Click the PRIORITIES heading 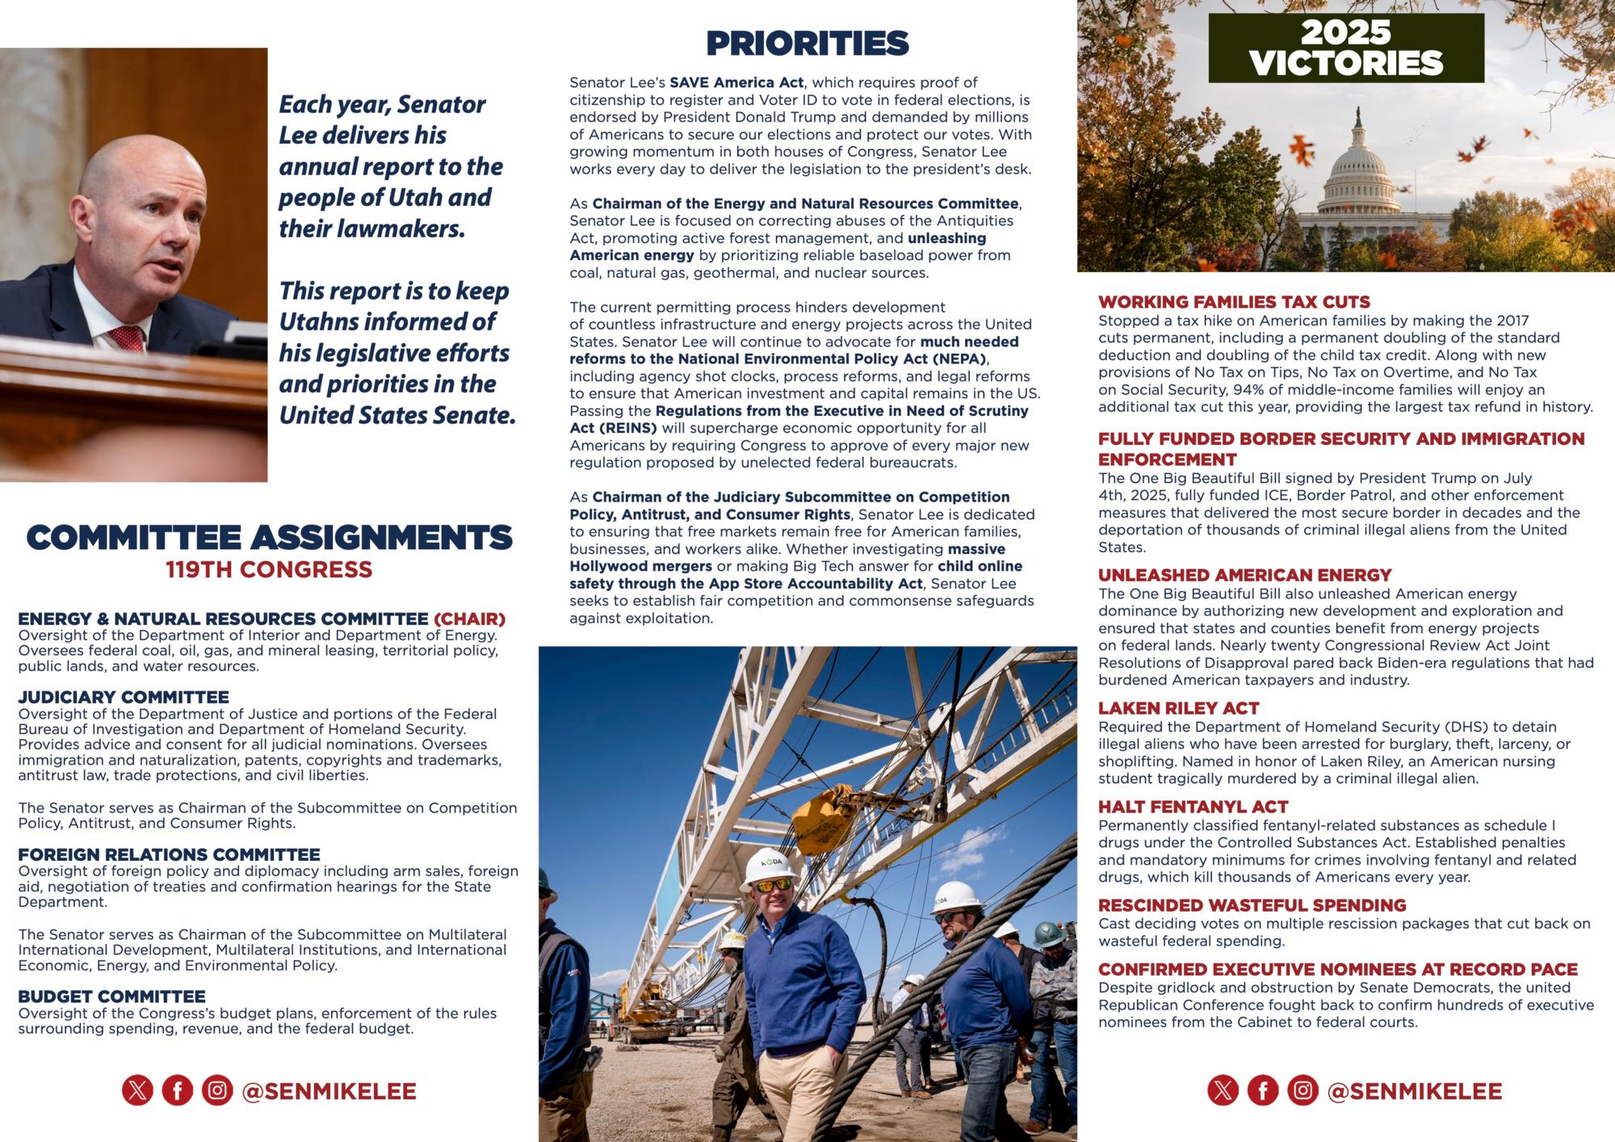pos(807,44)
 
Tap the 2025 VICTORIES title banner pos(1345,48)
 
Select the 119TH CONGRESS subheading pos(269,569)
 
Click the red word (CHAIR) pos(469,619)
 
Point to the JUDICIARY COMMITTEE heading pos(124,697)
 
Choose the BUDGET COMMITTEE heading pos(111,997)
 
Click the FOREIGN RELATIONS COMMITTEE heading pos(169,854)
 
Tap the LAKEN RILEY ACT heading pos(1178,708)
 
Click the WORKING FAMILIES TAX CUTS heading pos(1234,302)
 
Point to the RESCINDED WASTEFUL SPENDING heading pos(1252,905)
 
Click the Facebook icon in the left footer pos(178,1090)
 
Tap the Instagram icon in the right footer pos(1302,1090)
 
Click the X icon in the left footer pos(138,1090)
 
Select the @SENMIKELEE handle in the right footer pos(1415,1091)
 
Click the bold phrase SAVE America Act pos(736,82)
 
